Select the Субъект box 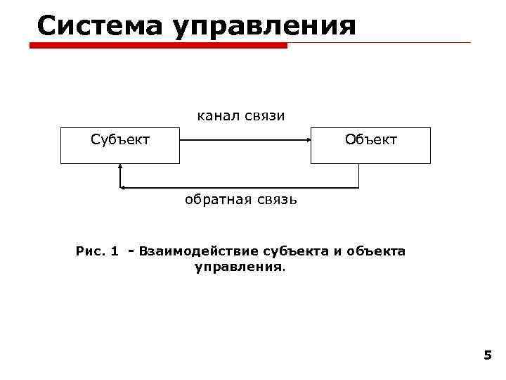point(120,145)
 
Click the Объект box point(370,145)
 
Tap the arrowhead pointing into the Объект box point(308,140)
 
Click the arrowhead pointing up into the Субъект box point(121,167)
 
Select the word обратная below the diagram point(216,200)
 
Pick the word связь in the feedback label point(275,200)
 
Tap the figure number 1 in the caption point(115,251)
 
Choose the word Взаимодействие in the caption point(199,251)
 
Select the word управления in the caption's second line point(239,267)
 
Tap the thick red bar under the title point(159,46)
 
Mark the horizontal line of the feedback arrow point(239,188)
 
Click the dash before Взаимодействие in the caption point(131,251)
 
